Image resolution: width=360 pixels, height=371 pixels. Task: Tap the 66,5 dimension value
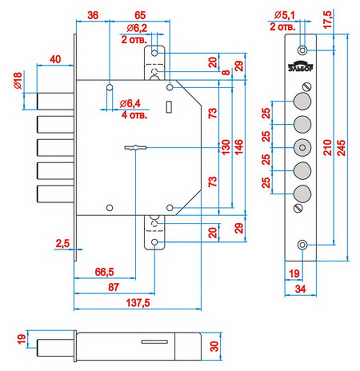(104, 272)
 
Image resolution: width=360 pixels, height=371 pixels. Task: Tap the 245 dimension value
(343, 147)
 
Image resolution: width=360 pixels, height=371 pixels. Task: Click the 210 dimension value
(328, 147)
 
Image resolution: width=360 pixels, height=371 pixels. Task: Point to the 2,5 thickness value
(62, 243)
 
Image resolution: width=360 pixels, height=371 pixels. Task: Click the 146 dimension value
(240, 147)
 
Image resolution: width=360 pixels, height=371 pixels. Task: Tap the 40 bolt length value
(55, 59)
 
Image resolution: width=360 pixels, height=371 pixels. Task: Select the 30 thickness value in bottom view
(214, 345)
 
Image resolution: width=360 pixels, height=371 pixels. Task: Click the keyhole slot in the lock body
(135, 147)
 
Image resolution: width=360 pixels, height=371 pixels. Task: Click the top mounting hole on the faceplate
(303, 50)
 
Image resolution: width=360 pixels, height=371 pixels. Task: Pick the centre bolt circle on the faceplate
(302, 147)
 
